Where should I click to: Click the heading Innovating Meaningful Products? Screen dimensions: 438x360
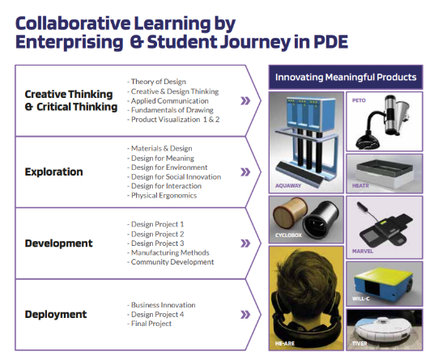(346, 77)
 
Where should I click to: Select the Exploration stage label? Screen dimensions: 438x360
(54, 172)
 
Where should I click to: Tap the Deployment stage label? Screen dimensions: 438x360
(56, 314)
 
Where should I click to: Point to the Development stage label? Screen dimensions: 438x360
(58, 243)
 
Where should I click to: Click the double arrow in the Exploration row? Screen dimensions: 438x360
(245, 172)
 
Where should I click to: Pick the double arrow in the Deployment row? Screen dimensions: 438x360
(245, 315)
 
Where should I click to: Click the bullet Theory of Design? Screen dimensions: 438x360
(156, 82)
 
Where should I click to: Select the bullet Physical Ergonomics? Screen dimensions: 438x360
(162, 195)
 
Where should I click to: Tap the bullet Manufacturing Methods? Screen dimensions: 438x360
(168, 252)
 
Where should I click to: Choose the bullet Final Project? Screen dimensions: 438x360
(150, 324)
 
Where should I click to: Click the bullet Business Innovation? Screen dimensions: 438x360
(161, 305)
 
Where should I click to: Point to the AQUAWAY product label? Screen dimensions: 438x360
(288, 185)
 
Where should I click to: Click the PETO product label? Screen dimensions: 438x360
(359, 100)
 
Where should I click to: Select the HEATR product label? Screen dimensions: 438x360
(360, 185)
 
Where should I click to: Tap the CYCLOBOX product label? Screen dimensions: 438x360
(288, 235)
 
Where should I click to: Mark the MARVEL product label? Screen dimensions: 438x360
(363, 251)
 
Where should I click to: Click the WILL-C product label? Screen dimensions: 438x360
(360, 299)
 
